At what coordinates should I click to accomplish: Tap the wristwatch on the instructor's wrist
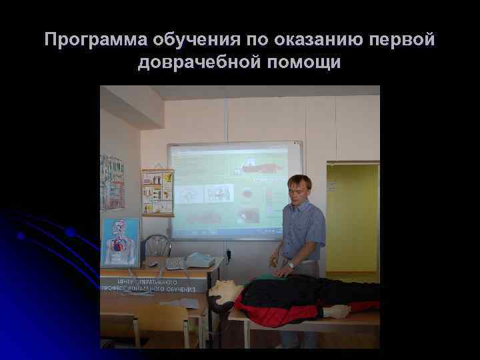(291, 265)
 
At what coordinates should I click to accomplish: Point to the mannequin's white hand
(336, 311)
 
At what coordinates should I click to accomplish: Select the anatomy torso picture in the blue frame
(121, 242)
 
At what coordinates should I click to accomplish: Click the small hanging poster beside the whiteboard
(157, 192)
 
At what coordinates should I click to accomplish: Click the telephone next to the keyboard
(199, 260)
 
